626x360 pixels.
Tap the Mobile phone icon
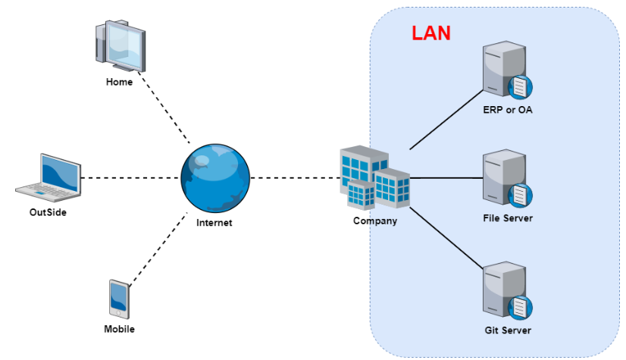pos(119,300)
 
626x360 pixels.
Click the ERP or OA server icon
pos(507,72)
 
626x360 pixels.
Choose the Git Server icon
pos(507,291)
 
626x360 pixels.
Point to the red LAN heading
pos(430,33)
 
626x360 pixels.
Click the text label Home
pos(119,82)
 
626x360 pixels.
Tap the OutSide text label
pos(49,212)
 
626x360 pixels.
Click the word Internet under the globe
pos(214,223)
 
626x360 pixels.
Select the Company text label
pos(374,221)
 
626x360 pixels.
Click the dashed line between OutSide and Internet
pos(130,178)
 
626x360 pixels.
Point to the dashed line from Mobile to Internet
pos(158,249)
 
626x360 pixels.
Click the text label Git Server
pos(507,330)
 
